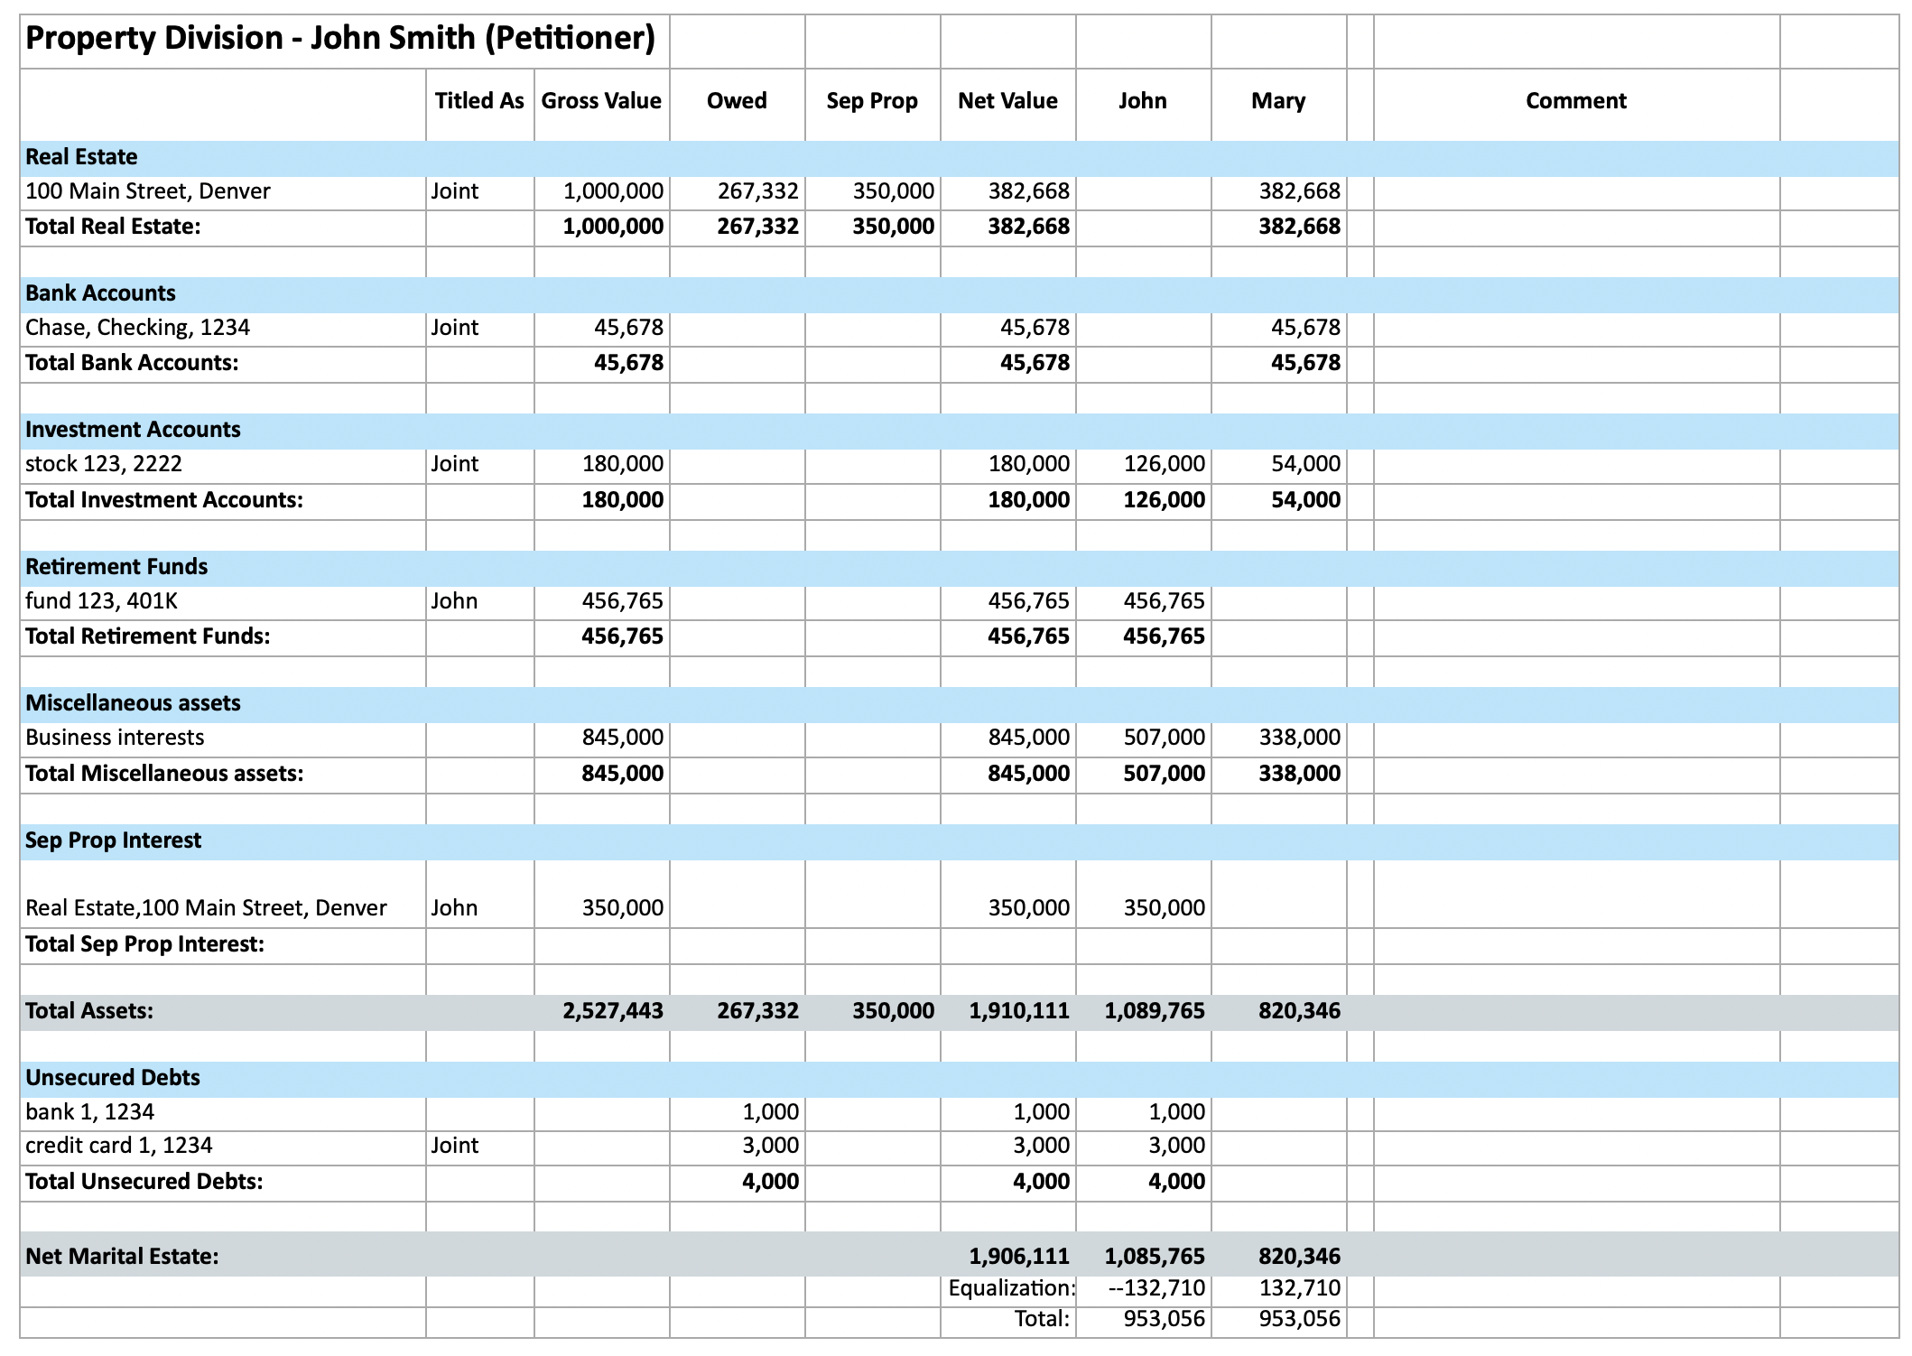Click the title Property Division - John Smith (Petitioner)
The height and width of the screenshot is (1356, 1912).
click(339, 38)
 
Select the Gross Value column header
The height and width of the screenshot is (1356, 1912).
click(601, 100)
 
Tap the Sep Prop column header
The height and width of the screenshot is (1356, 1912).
click(872, 100)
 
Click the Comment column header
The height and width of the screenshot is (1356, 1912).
click(1575, 100)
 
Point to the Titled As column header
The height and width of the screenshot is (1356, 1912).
click(479, 100)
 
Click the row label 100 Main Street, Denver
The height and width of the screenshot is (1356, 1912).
click(148, 191)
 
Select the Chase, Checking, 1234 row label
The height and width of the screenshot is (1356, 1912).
click(137, 328)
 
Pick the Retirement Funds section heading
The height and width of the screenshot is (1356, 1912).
click(116, 566)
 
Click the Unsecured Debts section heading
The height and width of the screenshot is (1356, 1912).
click(113, 1077)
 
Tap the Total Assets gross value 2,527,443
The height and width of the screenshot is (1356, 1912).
click(613, 1010)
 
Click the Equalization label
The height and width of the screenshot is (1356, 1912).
click(1011, 1288)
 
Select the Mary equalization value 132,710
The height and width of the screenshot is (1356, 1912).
click(1299, 1288)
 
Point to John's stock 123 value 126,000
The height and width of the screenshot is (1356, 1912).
click(1164, 464)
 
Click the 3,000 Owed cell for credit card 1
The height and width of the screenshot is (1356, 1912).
click(770, 1146)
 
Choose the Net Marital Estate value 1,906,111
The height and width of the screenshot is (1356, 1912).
click(1019, 1256)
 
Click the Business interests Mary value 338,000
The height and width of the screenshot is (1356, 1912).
click(1299, 738)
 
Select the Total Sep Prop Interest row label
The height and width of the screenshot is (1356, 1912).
click(144, 944)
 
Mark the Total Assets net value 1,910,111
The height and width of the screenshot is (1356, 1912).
click(1019, 1010)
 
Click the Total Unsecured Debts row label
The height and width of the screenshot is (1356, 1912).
click(144, 1182)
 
